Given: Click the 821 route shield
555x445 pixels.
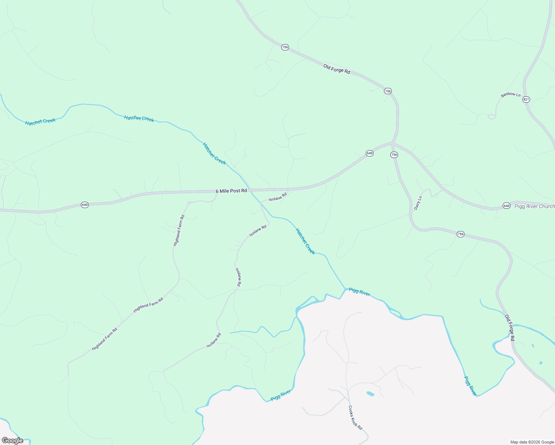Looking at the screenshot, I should pyautogui.click(x=526, y=99).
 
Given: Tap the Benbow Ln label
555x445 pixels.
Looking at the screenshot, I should pyautogui.click(x=510, y=95).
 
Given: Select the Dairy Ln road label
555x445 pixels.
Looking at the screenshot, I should pyautogui.click(x=418, y=203).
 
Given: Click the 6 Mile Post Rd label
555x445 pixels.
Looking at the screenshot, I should pyautogui.click(x=231, y=191).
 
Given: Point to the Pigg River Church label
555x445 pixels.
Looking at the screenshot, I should pyautogui.click(x=534, y=206).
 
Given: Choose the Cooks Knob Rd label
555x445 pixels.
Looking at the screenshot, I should pyautogui.click(x=355, y=417).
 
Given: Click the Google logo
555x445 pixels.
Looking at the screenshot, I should pyautogui.click(x=12, y=441).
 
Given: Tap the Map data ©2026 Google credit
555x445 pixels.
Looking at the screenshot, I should pyautogui.click(x=532, y=442).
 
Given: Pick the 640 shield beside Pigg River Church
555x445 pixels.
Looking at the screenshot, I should pyautogui.click(x=506, y=205).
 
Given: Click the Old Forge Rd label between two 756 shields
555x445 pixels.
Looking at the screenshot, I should pyautogui.click(x=336, y=69).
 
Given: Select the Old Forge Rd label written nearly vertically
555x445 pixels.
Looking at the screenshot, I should pyautogui.click(x=510, y=328).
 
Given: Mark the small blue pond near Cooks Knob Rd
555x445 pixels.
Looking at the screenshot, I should pyautogui.click(x=370, y=393).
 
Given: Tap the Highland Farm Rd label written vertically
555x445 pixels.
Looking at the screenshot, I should pyautogui.click(x=179, y=230).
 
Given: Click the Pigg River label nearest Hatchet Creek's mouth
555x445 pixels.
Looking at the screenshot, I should pyautogui.click(x=359, y=292).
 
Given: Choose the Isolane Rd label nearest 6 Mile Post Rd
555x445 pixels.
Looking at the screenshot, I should pyautogui.click(x=278, y=197).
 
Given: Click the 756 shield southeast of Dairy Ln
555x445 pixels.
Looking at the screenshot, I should pyautogui.click(x=460, y=234).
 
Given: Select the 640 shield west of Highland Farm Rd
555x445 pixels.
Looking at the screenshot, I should pyautogui.click(x=85, y=205).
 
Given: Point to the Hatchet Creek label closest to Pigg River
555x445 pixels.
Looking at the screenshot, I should pyautogui.click(x=305, y=241).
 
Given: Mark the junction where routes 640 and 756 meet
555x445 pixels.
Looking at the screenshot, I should pyautogui.click(x=392, y=143).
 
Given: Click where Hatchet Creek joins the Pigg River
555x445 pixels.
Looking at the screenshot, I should pyautogui.click(x=345, y=289).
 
